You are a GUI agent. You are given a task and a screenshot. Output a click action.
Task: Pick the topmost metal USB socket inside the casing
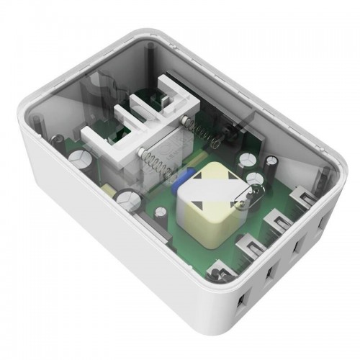(302, 194)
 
